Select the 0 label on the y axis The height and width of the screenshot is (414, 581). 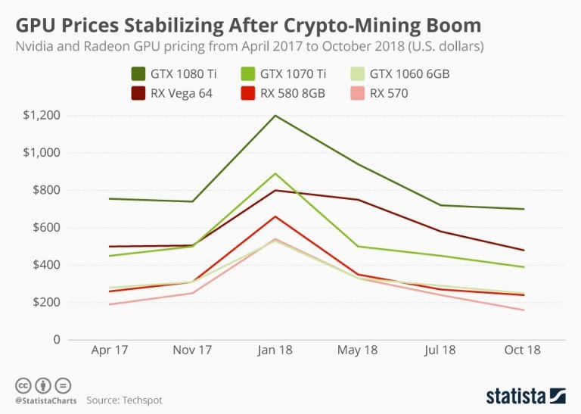(x=56, y=340)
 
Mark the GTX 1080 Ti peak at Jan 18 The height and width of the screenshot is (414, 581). (x=274, y=116)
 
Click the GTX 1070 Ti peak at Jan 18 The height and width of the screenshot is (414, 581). (x=274, y=173)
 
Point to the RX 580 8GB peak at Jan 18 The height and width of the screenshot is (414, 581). (x=274, y=216)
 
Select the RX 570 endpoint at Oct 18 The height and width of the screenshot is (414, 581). (x=524, y=310)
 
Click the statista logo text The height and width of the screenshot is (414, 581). (x=515, y=395)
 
